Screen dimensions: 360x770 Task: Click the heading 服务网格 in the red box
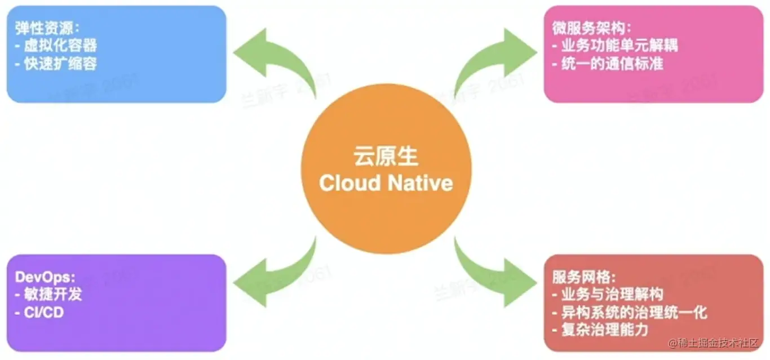tap(584, 277)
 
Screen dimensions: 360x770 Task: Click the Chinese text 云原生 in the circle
tap(386, 156)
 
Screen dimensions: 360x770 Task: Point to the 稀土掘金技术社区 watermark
tap(716, 343)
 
